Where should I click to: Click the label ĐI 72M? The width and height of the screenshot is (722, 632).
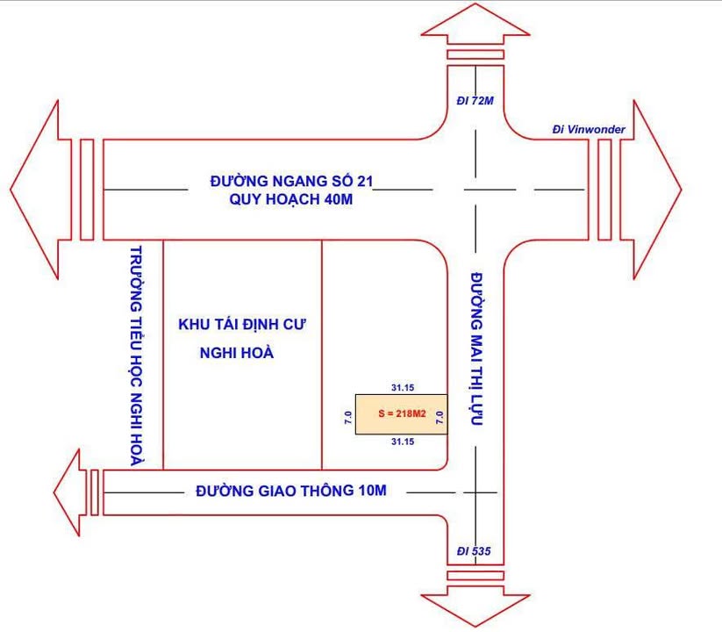tap(475, 102)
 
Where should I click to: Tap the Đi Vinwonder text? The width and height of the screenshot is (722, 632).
tap(589, 130)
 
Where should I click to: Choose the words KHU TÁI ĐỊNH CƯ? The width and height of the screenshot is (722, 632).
tap(248, 324)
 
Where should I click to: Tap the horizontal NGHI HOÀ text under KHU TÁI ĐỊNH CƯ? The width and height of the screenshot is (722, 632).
tap(235, 352)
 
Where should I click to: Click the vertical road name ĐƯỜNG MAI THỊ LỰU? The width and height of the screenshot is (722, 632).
tap(477, 348)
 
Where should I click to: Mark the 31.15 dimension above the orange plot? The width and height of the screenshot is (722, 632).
tap(402, 387)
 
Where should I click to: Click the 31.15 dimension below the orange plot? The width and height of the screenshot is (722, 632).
tap(402, 441)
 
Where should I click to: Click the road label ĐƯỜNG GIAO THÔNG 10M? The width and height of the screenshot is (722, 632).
tap(290, 491)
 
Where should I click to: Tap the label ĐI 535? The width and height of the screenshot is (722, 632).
tap(475, 551)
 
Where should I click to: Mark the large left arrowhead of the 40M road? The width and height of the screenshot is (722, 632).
tap(39, 189)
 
